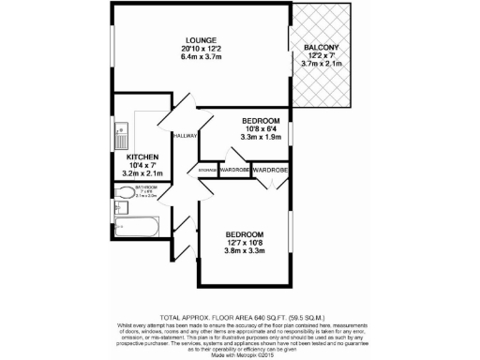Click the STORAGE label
[207, 170]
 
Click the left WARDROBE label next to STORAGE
[234, 170]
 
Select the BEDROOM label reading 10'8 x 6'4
[261, 121]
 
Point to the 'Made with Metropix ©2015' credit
[239, 354]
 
